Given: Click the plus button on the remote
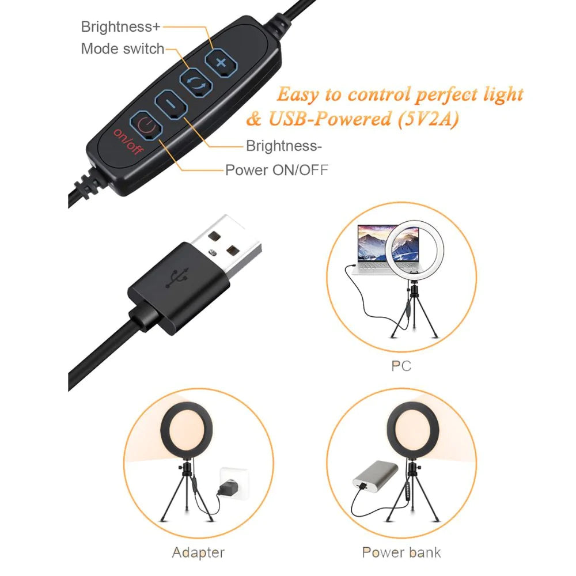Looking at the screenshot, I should [x=221, y=63].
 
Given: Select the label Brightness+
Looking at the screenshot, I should [x=122, y=26].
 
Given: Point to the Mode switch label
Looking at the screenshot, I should [x=123, y=49].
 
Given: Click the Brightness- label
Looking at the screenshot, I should [x=284, y=146].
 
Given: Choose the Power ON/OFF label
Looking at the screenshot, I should [x=277, y=170].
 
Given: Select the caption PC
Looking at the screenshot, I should [x=401, y=366].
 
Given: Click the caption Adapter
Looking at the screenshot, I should [x=199, y=553].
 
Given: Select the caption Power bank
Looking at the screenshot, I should [x=401, y=553].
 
